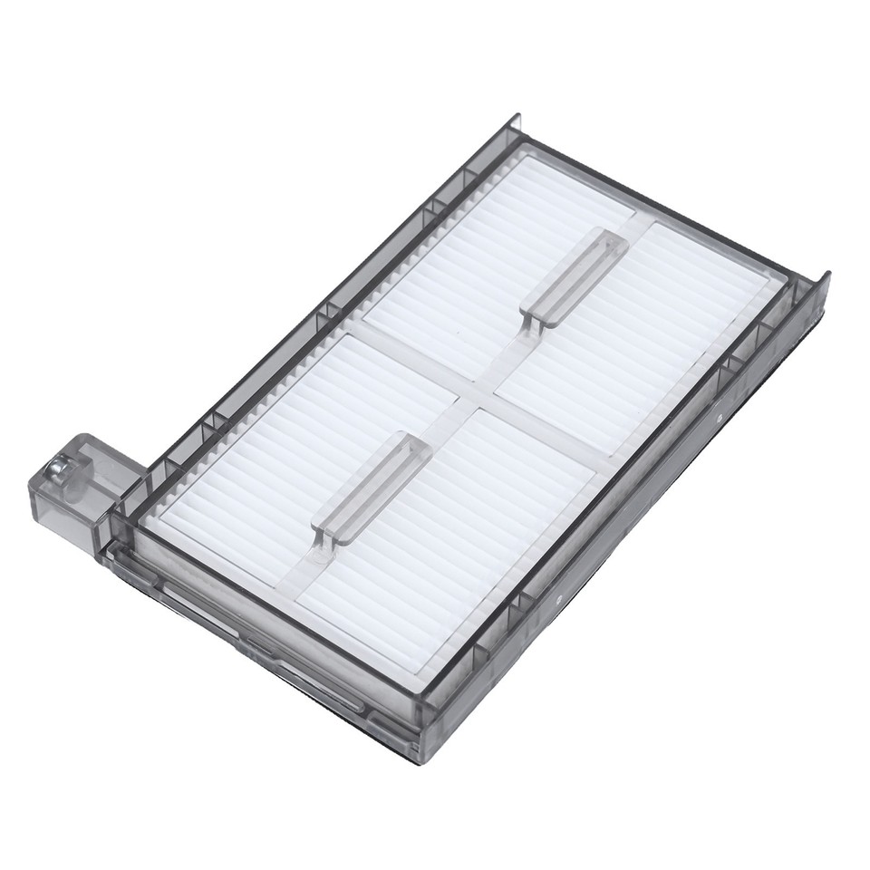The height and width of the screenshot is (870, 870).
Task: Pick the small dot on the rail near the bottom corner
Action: click(559, 599)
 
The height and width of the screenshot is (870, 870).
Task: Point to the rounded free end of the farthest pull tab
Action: click(614, 242)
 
